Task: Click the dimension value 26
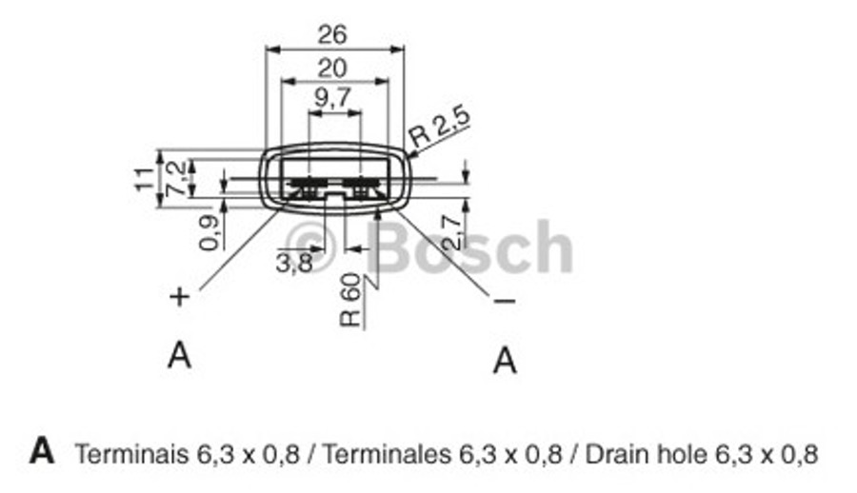pos(333,34)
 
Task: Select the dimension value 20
pos(332,68)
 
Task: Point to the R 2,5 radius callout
pos(440,127)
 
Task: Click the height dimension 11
pos(144,177)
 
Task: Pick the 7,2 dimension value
pos(177,178)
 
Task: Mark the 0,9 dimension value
pos(211,232)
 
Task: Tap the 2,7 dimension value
pos(454,228)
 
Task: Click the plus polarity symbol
pos(179,297)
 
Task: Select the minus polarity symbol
pos(505,301)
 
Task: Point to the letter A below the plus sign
pos(179,355)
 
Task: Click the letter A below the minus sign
pos(506,361)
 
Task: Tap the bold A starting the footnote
pos(42,450)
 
